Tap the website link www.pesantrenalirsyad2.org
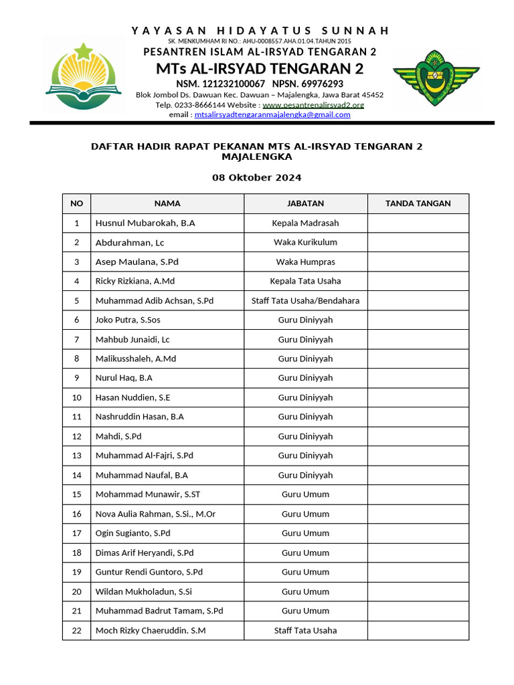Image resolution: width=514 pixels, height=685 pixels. coord(313,105)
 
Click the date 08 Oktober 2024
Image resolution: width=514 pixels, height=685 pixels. coord(256,178)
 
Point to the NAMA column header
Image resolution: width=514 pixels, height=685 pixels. coord(167,203)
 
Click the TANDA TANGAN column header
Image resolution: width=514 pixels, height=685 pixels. coord(418,203)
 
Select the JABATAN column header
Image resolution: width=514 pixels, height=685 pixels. coord(305,203)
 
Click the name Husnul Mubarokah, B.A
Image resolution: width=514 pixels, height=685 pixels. coord(145,223)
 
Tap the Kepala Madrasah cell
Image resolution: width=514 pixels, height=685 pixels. coord(305,223)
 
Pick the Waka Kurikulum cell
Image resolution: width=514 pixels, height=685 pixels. coord(305,242)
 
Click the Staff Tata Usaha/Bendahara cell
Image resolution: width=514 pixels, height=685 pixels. coord(305,300)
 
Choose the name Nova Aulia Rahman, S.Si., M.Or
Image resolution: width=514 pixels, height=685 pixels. coord(155,514)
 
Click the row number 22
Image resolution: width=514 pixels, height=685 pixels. coord(76,630)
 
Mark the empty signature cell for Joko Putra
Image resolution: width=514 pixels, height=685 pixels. coord(418,320)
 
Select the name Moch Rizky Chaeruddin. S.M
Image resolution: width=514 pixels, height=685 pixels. coord(151,630)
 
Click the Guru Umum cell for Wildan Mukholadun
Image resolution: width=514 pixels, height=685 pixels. coord(305,591)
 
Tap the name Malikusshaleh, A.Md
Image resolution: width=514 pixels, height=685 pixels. coord(136,359)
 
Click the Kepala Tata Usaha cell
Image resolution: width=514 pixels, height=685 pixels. coord(305,281)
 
